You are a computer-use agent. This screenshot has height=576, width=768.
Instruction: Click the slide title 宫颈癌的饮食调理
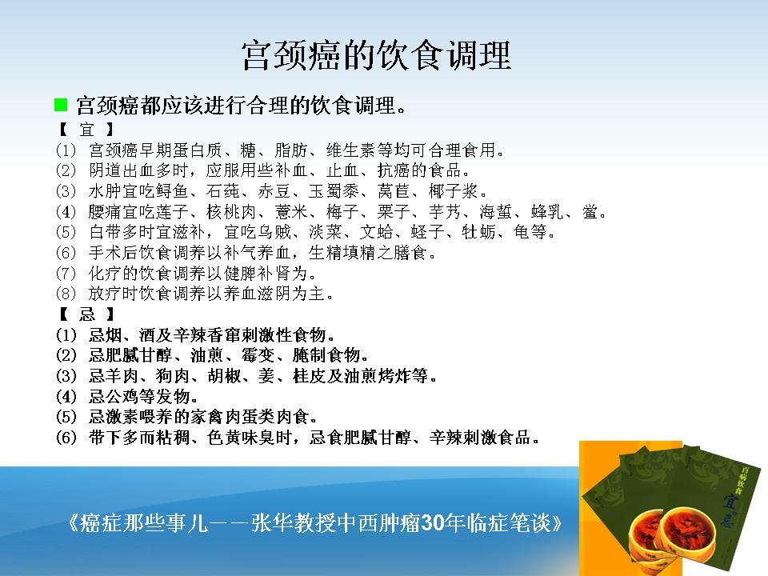[x=376, y=56]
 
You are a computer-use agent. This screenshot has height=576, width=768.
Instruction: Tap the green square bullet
[x=61, y=104]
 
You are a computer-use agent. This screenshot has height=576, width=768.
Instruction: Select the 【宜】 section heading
[x=86, y=130]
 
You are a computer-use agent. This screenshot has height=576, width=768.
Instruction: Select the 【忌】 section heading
[x=86, y=314]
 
